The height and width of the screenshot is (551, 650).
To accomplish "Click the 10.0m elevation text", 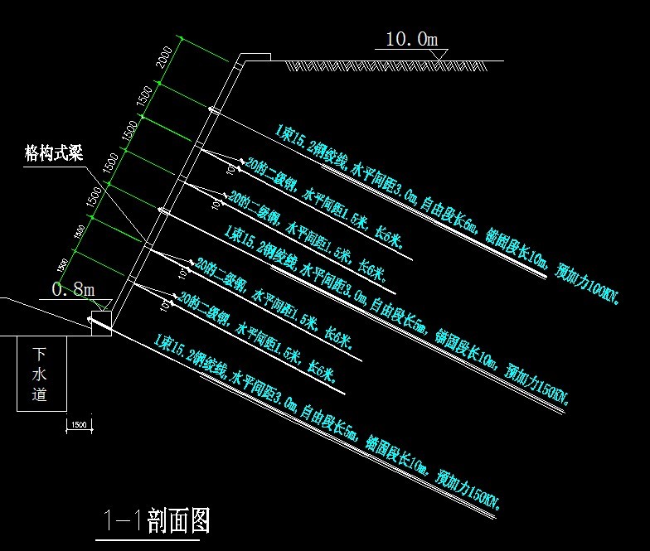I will (411, 38).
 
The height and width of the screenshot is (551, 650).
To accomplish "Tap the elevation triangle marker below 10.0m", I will (439, 55).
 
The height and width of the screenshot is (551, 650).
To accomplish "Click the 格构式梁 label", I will (54, 153).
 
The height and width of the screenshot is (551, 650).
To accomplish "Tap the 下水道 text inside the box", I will (39, 374).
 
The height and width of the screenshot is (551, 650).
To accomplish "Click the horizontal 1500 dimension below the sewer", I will (80, 424).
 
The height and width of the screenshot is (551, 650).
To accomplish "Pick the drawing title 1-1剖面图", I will (155, 520).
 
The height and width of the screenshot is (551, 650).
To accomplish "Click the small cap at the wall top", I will (255, 57).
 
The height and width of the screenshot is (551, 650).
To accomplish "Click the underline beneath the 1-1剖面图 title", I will (149, 540).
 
